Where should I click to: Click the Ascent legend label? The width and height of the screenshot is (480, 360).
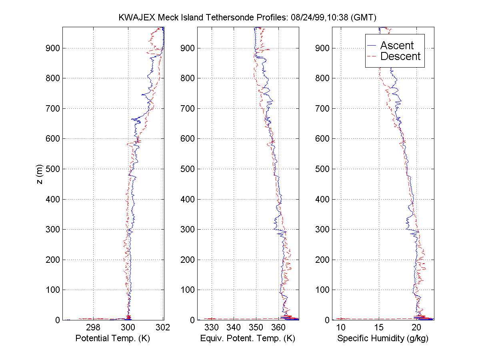397,46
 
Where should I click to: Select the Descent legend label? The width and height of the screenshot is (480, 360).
400,56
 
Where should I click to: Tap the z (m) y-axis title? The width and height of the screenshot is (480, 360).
39,174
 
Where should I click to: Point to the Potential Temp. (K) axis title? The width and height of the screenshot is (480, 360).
113,338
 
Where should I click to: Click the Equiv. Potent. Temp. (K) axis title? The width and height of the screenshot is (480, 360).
247,338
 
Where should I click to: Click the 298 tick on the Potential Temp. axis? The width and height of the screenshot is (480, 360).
93,328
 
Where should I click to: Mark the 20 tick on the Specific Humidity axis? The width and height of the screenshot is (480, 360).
416,328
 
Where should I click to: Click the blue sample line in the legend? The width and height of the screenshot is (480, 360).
372,46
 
